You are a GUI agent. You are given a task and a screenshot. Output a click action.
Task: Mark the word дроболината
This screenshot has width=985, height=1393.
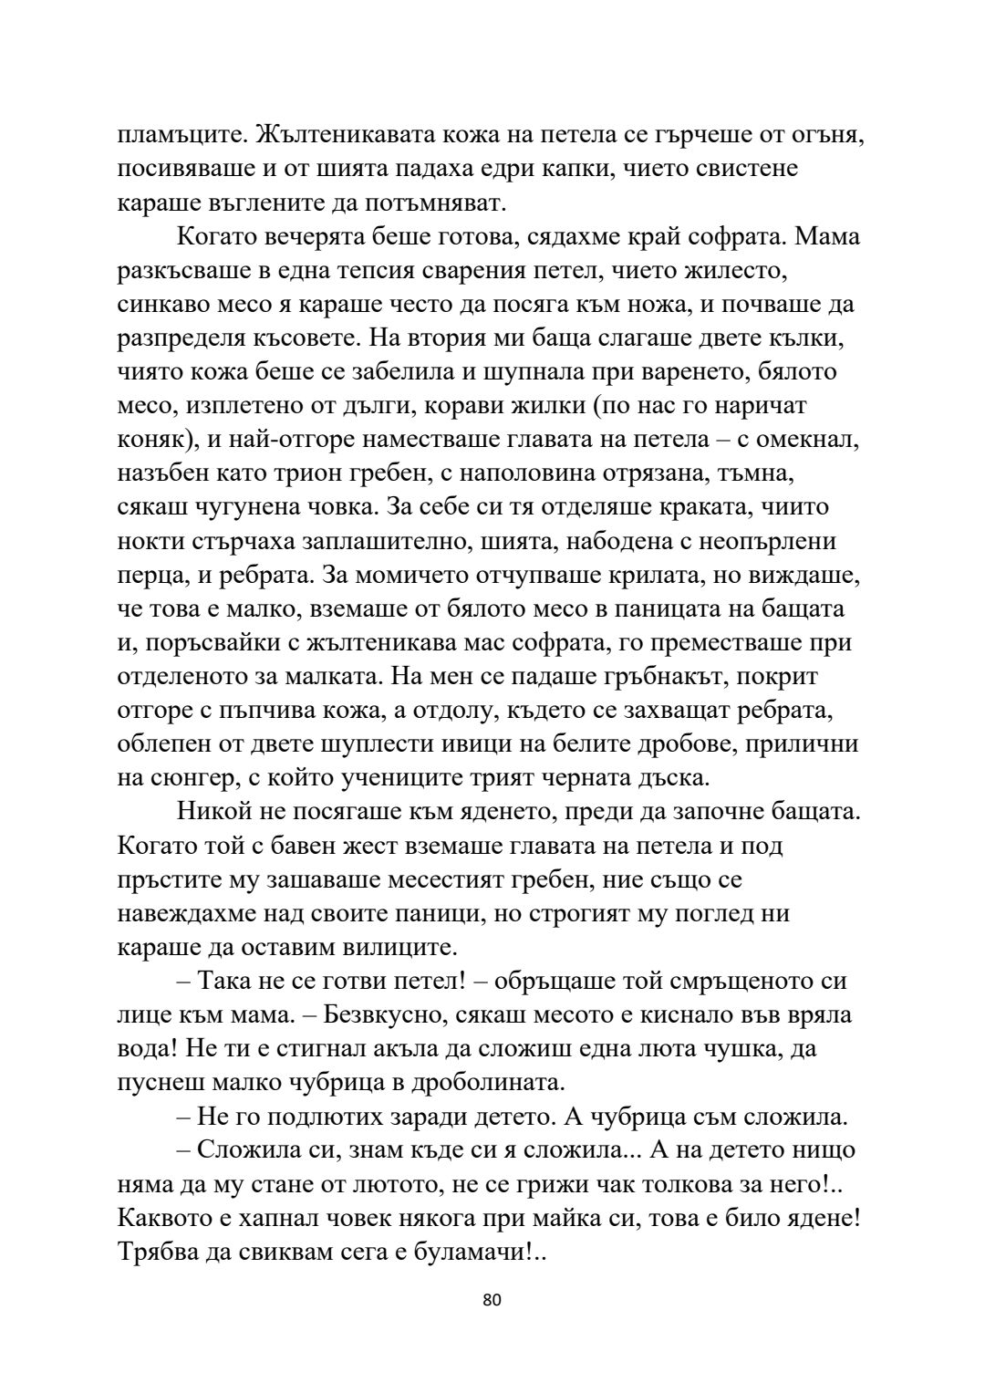[476, 1081]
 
